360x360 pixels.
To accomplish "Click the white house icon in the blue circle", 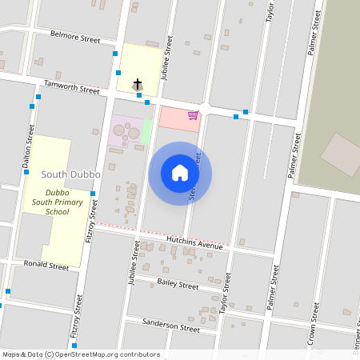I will point(180,173).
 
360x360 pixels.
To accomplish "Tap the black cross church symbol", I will point(138,83).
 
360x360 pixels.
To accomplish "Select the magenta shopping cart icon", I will point(193,115).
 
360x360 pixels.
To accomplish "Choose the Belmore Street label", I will point(75,37).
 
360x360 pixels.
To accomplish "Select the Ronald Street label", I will point(46,265).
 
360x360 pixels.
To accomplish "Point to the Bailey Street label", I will point(178,284).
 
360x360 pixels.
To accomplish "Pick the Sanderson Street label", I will point(170,327).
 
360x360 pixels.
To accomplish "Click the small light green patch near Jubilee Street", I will point(146,131).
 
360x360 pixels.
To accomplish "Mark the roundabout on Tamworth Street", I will point(206,108).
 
